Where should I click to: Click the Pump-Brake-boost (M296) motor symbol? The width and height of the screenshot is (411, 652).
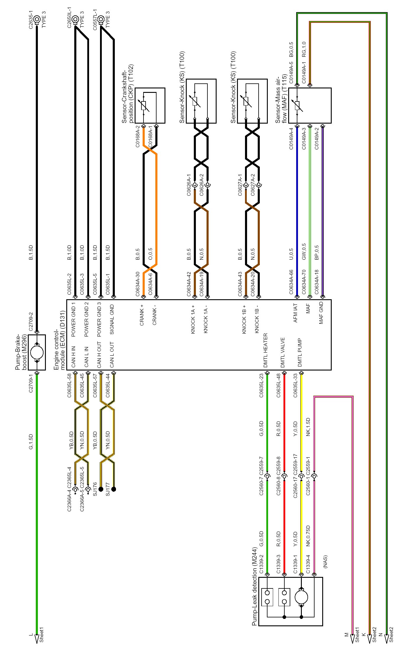37,352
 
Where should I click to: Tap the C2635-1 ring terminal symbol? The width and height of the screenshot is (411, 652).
37,20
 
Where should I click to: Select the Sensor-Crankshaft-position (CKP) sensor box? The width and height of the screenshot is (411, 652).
150,106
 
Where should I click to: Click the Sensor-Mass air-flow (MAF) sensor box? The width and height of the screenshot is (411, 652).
310,106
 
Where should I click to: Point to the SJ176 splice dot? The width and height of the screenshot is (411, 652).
101,489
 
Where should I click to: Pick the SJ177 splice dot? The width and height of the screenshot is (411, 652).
114,489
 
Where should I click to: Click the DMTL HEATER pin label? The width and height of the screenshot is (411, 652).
266,350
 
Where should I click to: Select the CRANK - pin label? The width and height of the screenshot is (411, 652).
154,317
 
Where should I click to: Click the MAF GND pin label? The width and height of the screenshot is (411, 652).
321,313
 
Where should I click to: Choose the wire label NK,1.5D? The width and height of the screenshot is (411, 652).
308,427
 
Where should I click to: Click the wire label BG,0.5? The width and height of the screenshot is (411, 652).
291,49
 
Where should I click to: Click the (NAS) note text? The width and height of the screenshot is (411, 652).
325,562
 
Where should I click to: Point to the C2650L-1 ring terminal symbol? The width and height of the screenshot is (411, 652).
75,20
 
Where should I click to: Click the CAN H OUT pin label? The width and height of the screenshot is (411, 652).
99,355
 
